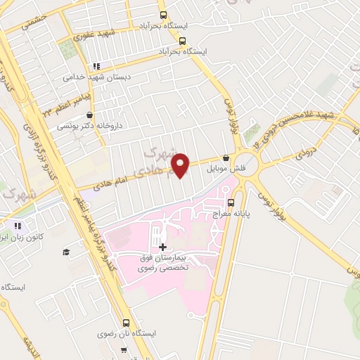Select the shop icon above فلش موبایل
tap(226, 158)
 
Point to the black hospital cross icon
tap(163, 247)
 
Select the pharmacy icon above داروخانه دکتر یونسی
tap(89, 115)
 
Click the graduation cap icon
tap(66, 252)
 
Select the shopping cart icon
tap(124, 349)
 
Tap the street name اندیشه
tap(30, 347)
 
